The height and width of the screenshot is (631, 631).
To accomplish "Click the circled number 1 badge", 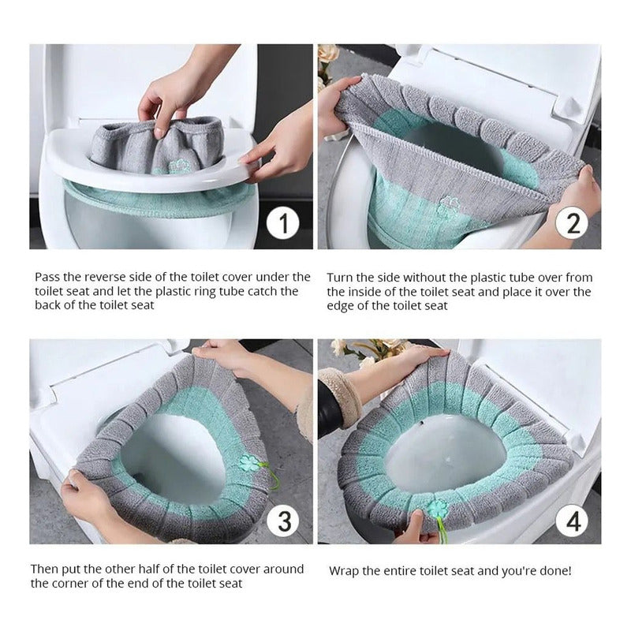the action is point(283,223).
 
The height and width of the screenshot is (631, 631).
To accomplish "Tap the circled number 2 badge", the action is point(572,223).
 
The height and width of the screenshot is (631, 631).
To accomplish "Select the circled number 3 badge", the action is point(283,521).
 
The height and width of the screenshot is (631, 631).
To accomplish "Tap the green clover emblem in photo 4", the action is point(438,508).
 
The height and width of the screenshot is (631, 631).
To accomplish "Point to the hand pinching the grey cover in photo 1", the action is point(169,96).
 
